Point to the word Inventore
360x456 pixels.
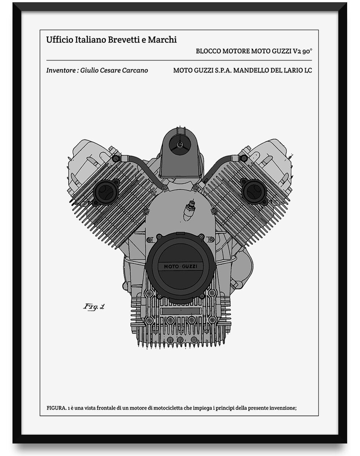(x=60, y=70)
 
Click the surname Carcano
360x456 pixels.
(x=135, y=70)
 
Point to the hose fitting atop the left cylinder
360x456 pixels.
(x=116, y=158)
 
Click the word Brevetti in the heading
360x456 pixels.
(x=122, y=40)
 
